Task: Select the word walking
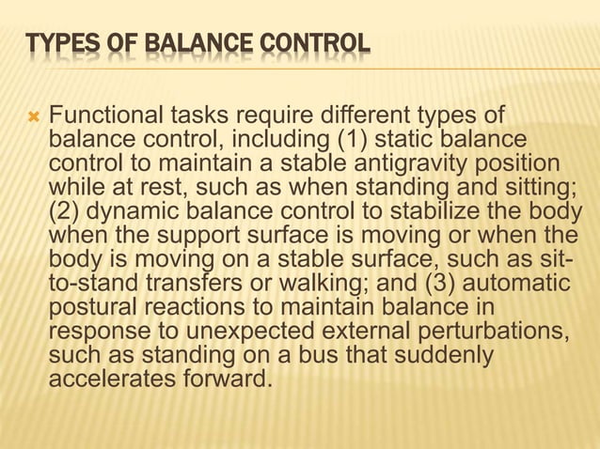coord(300,285)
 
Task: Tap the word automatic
coord(513,285)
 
